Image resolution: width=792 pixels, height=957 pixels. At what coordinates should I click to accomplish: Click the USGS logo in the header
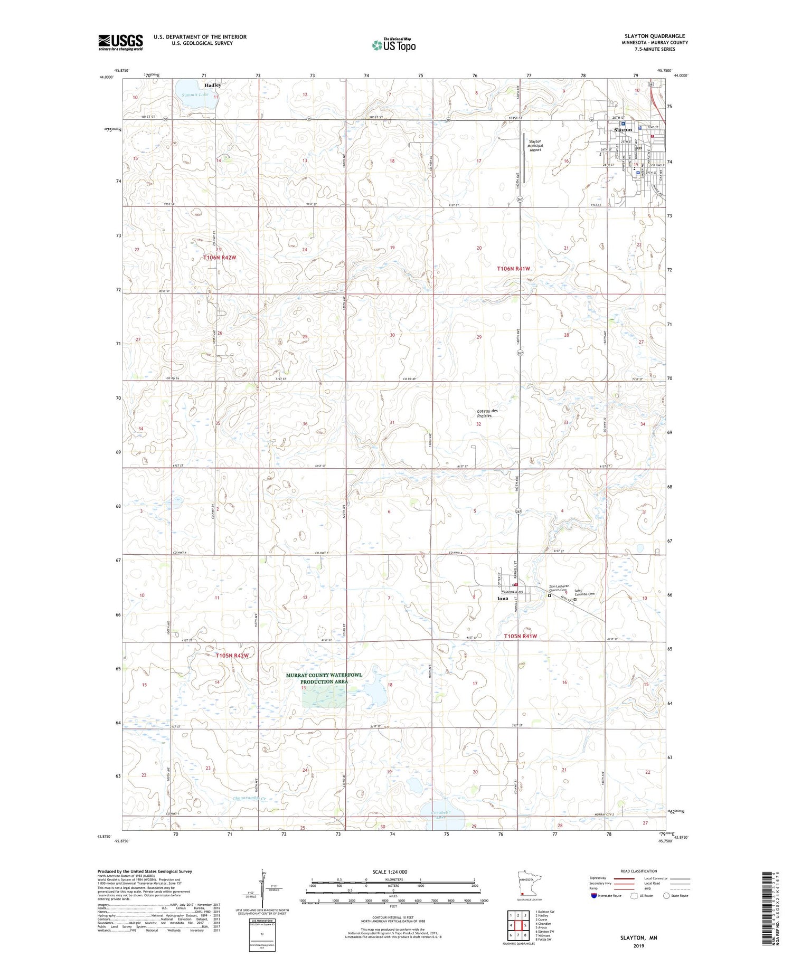point(120,42)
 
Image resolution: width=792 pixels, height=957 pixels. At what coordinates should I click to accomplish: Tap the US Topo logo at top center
point(394,45)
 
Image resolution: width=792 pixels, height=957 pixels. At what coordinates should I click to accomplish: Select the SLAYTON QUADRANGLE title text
point(655,36)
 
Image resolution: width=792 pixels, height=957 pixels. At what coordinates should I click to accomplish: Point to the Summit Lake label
point(195,95)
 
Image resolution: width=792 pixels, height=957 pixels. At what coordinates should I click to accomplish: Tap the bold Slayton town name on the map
point(623,130)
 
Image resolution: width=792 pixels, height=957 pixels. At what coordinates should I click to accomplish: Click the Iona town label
point(502,599)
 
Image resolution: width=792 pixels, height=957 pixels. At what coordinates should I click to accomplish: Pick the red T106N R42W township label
point(220,258)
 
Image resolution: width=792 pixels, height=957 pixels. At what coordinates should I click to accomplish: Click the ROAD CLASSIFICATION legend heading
point(639,871)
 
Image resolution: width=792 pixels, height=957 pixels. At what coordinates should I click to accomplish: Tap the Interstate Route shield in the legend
point(593,896)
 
